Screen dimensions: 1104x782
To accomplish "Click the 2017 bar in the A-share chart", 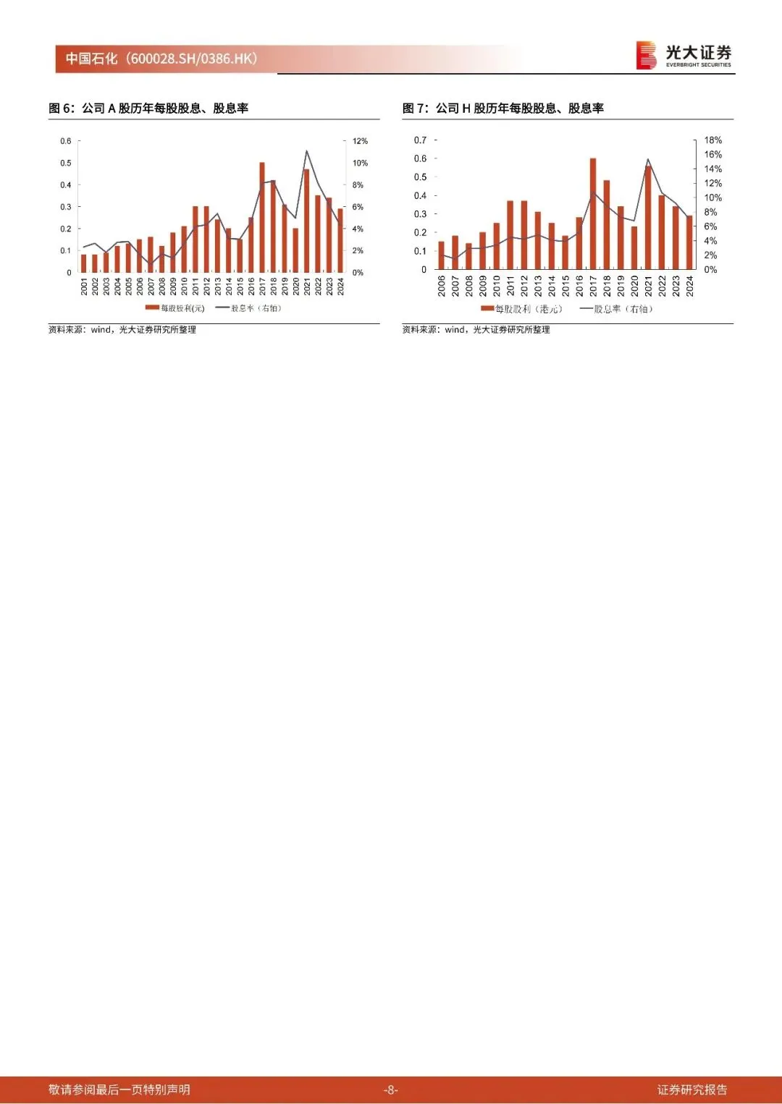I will pyautogui.click(x=262, y=217).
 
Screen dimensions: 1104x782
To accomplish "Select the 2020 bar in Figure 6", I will pyautogui.click(x=295, y=250).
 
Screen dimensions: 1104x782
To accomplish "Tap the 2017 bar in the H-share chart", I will pyautogui.click(x=593, y=213).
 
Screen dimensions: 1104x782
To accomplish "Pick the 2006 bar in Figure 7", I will pyautogui.click(x=442, y=255).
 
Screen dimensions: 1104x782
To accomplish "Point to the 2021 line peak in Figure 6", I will pyautogui.click(x=307, y=151).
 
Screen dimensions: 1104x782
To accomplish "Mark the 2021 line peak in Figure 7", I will pyautogui.click(x=648, y=160).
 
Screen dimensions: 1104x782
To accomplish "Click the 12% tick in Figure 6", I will pyautogui.click(x=360, y=141).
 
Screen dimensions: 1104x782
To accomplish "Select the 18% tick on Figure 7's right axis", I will pyautogui.click(x=712, y=140).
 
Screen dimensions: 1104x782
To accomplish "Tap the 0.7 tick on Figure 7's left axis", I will pyautogui.click(x=420, y=140).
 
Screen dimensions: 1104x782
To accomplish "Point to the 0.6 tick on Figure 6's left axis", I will pyautogui.click(x=66, y=141).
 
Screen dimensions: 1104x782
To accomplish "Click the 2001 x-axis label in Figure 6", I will pyautogui.click(x=84, y=286).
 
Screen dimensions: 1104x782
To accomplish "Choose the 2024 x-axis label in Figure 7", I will pyautogui.click(x=690, y=286).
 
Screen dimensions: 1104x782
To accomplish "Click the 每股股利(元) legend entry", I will pyautogui.click(x=176, y=308).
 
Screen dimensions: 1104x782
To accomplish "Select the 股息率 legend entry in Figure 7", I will pyautogui.click(x=617, y=309).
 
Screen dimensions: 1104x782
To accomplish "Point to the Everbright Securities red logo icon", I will pyautogui.click(x=646, y=56).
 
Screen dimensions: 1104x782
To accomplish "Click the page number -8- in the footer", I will pyautogui.click(x=391, y=1090).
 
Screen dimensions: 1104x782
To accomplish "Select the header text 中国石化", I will pyautogui.click(x=92, y=59).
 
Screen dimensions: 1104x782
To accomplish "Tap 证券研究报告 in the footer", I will pyautogui.click(x=692, y=1090).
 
